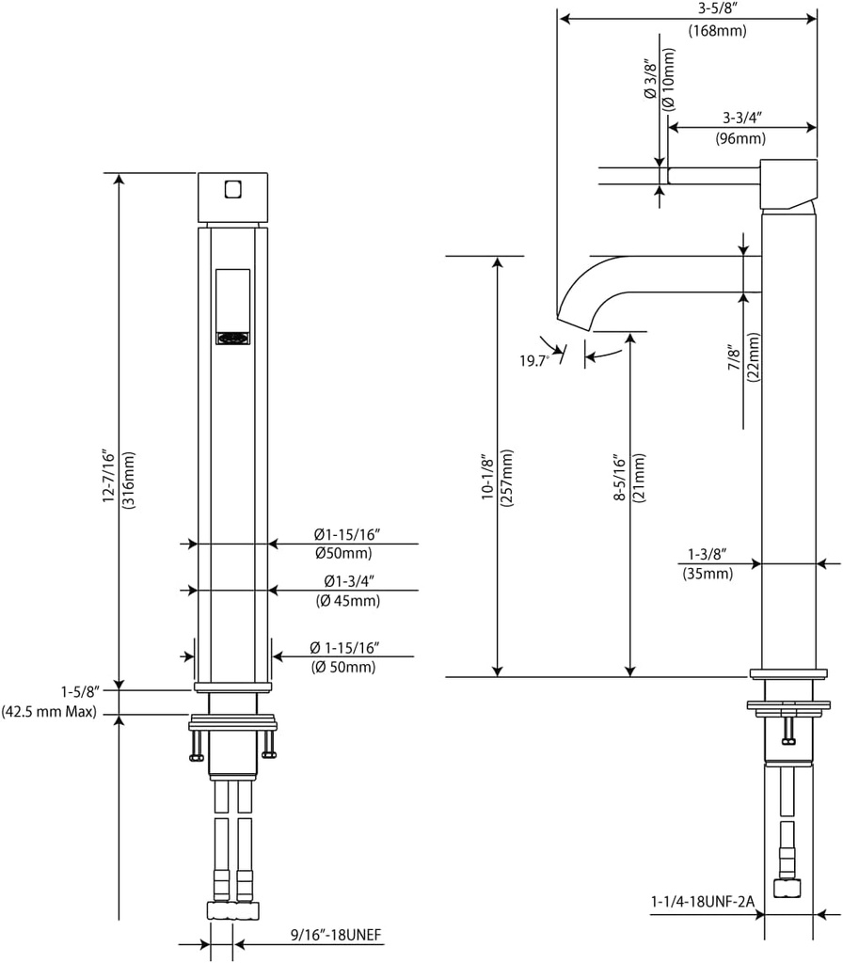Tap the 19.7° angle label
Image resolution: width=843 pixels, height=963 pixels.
pos(533,361)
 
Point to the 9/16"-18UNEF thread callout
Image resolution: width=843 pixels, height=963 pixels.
pos(335,936)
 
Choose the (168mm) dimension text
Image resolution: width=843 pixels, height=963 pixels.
pos(717,31)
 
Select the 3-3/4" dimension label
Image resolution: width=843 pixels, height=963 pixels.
pos(742,118)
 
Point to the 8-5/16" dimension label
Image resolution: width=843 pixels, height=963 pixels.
pos(618,479)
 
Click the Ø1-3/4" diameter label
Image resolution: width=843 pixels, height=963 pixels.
pos(353,581)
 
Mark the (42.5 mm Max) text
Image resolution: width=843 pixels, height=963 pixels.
pos(50,712)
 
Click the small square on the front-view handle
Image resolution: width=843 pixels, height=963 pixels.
pos(233,189)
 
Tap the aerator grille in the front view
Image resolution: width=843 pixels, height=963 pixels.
pos(233,338)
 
